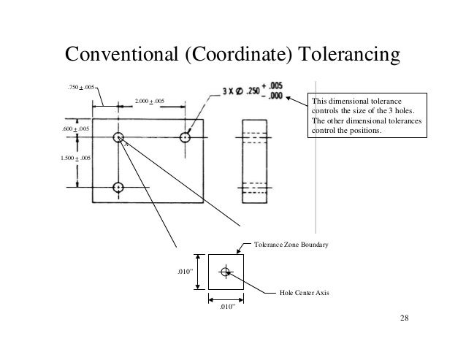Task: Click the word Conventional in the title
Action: click(x=121, y=55)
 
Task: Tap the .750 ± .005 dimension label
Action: click(x=81, y=88)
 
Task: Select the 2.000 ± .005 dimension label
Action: click(x=149, y=100)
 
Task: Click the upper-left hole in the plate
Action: click(x=118, y=137)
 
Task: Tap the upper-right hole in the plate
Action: click(x=186, y=137)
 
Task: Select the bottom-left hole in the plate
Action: click(x=118, y=187)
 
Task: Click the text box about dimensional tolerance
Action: click(x=367, y=116)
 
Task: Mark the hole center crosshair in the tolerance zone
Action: click(x=225, y=272)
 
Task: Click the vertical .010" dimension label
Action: click(x=186, y=272)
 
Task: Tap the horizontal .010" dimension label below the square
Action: click(x=227, y=307)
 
